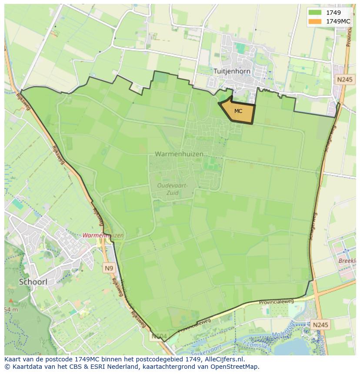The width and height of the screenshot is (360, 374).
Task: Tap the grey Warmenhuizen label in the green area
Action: [x=179, y=154]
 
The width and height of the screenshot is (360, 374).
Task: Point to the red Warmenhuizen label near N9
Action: [x=103, y=235]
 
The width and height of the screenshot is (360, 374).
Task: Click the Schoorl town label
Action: [x=33, y=281]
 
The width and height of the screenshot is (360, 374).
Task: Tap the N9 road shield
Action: [x=109, y=268]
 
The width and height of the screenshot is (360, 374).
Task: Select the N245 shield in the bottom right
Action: [x=320, y=324]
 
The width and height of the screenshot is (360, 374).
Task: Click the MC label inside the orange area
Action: [x=238, y=111]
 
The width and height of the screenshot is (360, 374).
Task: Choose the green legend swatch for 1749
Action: [x=315, y=13]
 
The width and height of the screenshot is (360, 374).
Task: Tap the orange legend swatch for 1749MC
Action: [x=315, y=21]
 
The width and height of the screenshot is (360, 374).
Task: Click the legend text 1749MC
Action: [x=338, y=21]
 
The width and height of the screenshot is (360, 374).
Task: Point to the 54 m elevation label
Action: [x=12, y=309]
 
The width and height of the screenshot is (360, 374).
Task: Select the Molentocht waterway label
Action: [x=283, y=333]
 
